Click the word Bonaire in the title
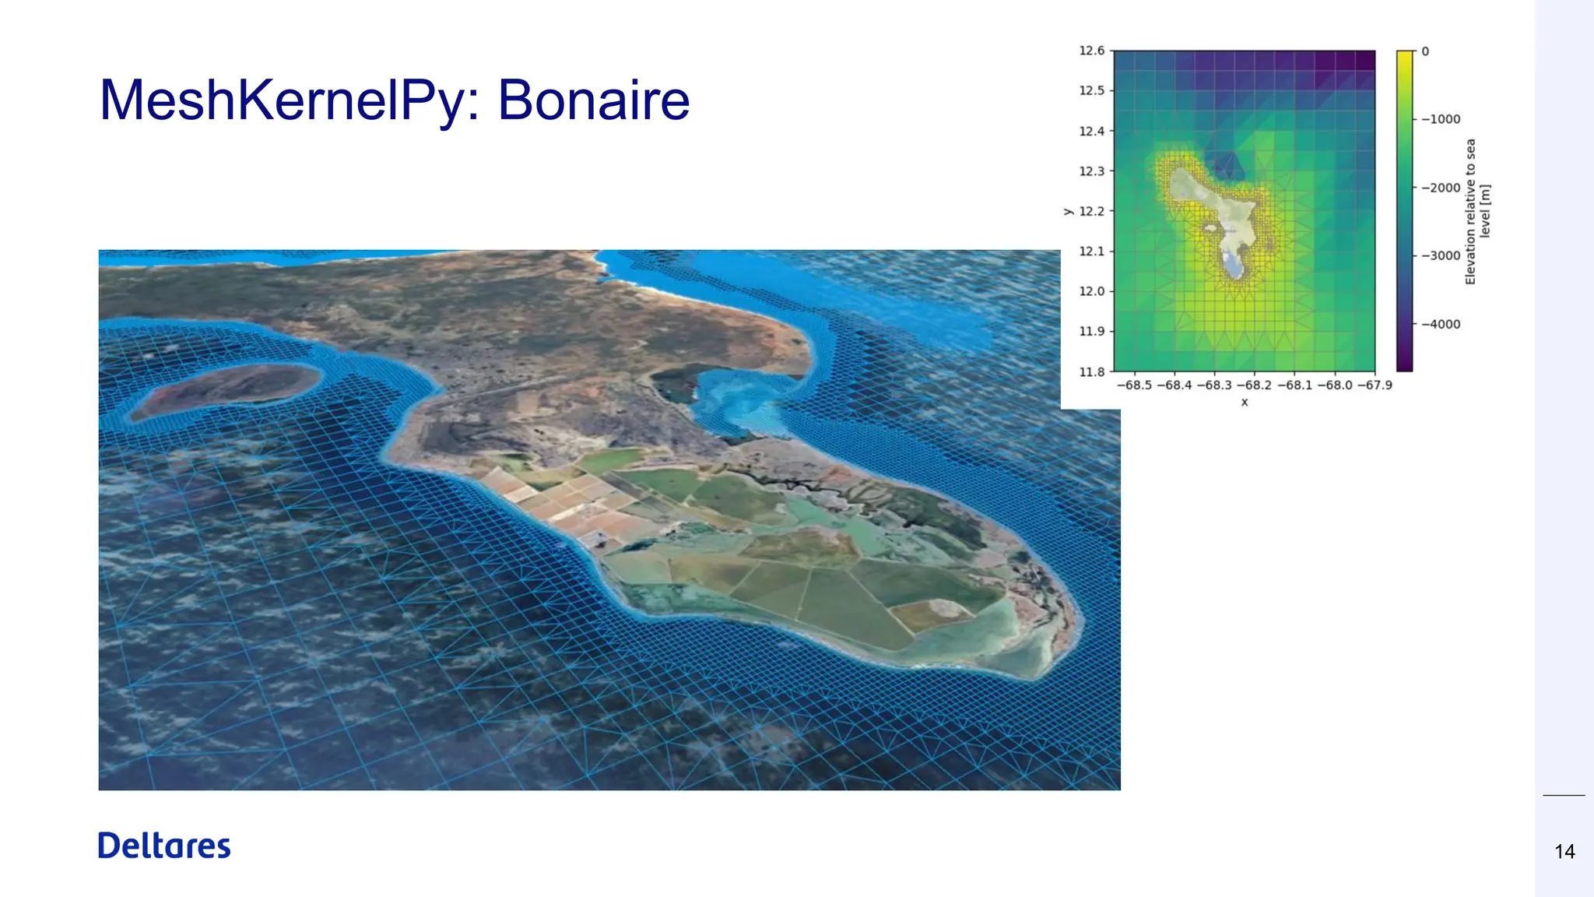click(594, 100)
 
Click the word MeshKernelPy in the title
click(290, 102)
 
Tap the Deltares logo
click(164, 846)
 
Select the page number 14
click(1564, 852)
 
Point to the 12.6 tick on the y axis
click(1091, 51)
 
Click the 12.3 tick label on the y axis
click(1091, 171)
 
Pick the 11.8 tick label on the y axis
click(1091, 371)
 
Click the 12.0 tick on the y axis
click(1091, 291)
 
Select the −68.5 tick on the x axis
click(1134, 385)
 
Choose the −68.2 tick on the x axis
click(1254, 385)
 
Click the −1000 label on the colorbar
click(1441, 119)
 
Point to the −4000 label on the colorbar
click(1441, 324)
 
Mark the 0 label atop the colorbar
click(1425, 51)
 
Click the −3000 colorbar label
click(1441, 255)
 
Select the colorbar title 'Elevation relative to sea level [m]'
click(1477, 211)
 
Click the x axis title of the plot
click(1245, 403)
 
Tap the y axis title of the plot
click(1068, 211)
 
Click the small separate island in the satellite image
click(226, 389)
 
